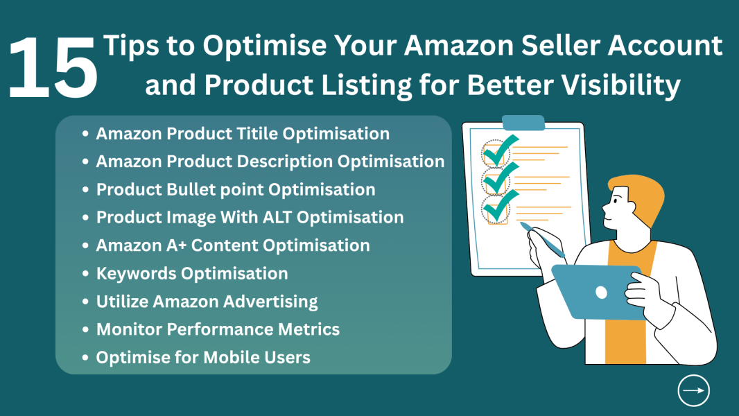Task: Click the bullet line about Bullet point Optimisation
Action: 236,189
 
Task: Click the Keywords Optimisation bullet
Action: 192,273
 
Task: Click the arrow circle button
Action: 693,390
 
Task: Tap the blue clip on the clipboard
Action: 523,123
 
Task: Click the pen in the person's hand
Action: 544,237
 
